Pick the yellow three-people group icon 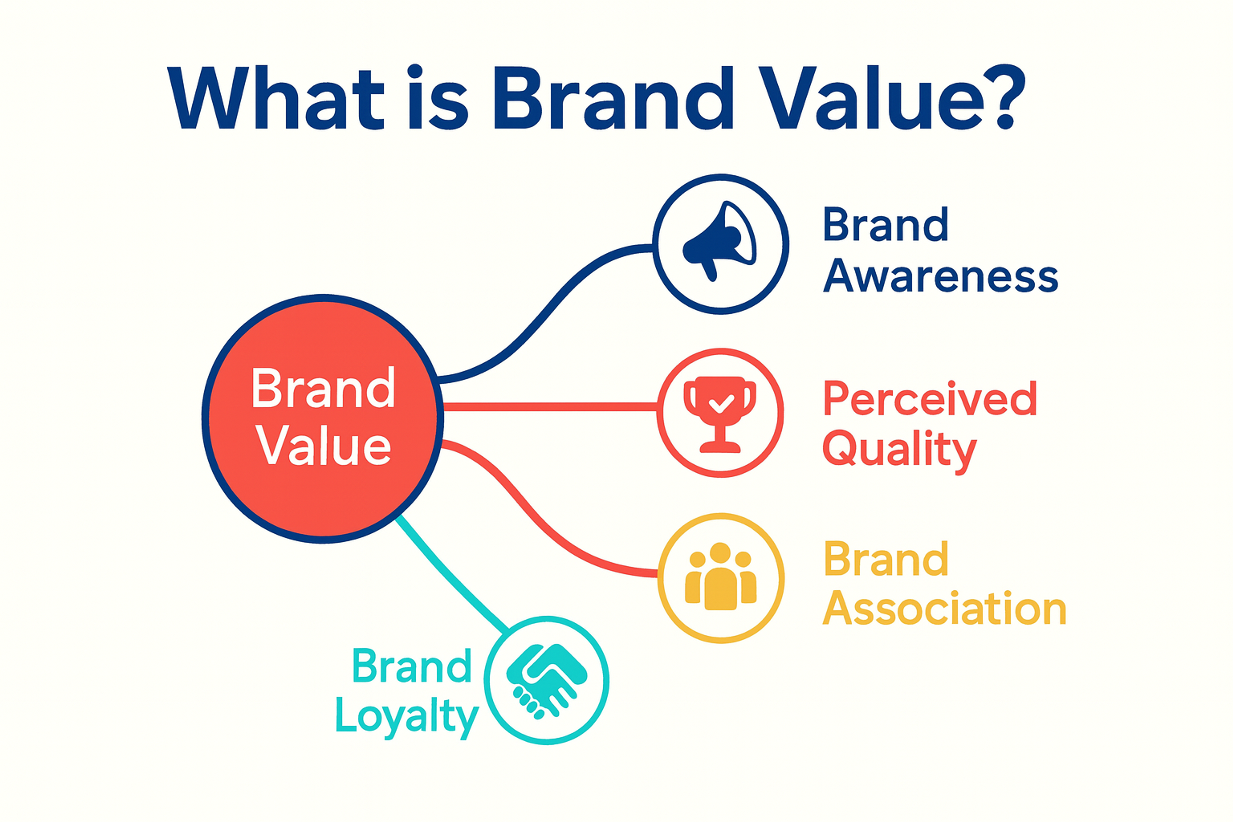click(721, 577)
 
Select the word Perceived click(930, 399)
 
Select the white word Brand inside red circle click(323, 389)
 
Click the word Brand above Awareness click(886, 224)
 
